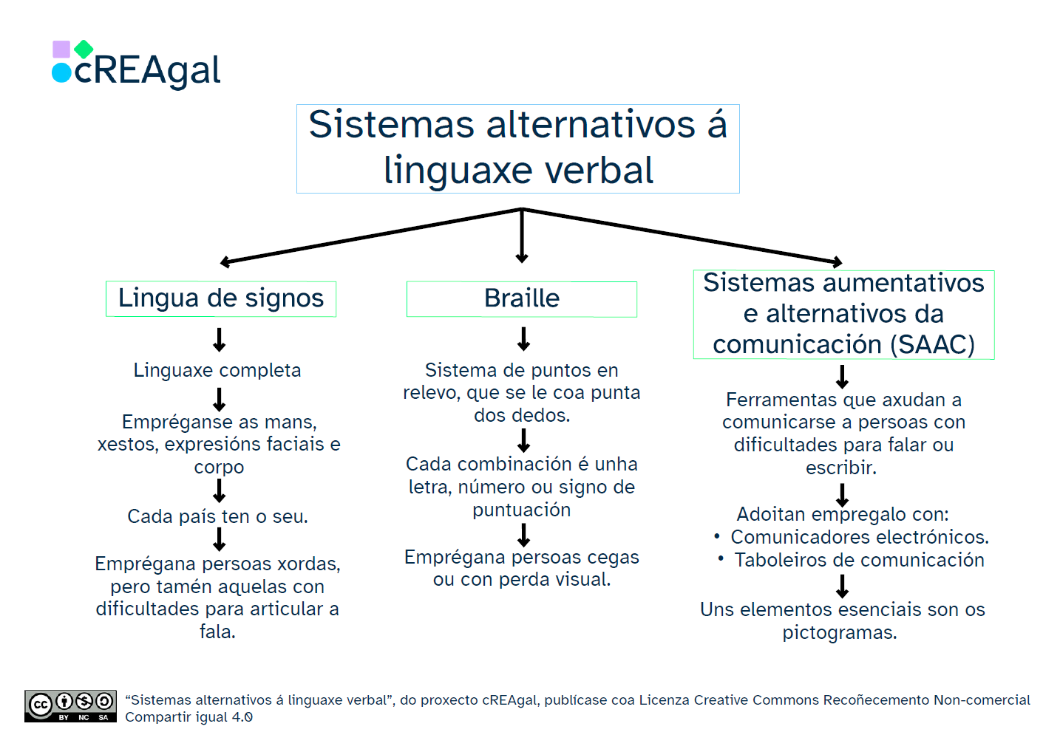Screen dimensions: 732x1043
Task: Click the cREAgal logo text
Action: tap(147, 71)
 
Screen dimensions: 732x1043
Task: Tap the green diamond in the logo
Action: tap(84, 49)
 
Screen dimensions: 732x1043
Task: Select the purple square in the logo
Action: tap(61, 49)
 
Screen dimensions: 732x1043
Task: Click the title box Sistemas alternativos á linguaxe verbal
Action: tap(517, 148)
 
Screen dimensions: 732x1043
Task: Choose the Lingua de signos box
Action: tap(221, 298)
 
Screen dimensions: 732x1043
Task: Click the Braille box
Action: tap(521, 298)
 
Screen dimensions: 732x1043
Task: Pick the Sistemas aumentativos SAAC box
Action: tap(843, 314)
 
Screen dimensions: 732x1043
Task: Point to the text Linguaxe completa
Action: tap(217, 370)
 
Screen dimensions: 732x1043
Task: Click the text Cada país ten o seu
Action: tap(217, 516)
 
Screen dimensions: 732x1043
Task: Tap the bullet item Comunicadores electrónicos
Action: tap(859, 537)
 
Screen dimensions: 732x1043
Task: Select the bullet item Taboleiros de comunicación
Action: tap(859, 560)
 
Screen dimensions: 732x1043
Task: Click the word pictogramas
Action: tap(840, 633)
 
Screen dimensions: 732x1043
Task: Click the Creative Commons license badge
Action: tap(70, 706)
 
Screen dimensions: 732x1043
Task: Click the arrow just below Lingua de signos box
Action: tap(220, 340)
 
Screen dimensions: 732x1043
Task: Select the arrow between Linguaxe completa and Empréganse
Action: tap(220, 400)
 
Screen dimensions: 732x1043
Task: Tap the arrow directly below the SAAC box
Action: tap(842, 377)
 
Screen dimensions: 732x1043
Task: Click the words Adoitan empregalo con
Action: tap(843, 514)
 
